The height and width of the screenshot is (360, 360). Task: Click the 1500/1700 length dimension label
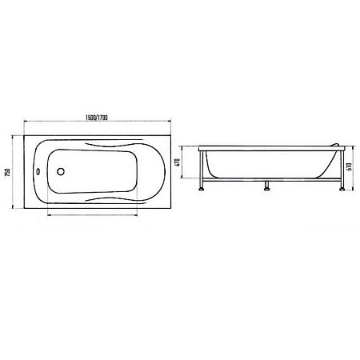coord(97,118)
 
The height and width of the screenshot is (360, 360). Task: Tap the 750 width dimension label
coord(8,173)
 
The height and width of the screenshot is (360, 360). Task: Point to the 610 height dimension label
coord(350,166)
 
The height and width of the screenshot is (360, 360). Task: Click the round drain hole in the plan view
coord(61,171)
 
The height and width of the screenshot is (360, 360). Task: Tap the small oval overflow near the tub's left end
coord(38,172)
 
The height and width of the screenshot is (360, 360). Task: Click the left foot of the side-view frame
coord(202,189)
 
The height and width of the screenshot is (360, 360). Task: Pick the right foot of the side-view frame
coord(342,189)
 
